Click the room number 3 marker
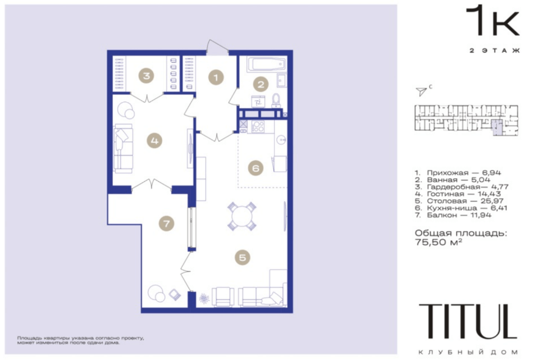[147, 76]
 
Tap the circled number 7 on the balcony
[166, 223]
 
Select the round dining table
[242, 216]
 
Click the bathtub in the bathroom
[267, 64]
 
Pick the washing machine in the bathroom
[258, 101]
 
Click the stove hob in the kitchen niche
[258, 127]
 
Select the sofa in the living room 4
[123, 149]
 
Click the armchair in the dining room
[223, 297]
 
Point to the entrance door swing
[217, 47]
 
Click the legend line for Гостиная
[458, 194]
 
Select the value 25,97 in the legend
[492, 201]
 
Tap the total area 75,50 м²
[438, 242]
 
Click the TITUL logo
[468, 321]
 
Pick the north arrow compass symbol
[421, 91]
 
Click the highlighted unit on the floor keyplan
[497, 127]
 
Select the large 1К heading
[493, 21]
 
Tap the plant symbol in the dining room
[204, 298]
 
